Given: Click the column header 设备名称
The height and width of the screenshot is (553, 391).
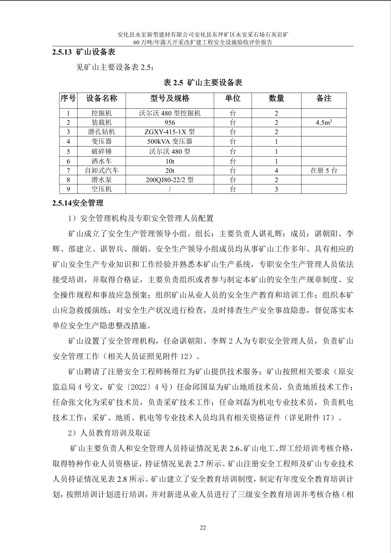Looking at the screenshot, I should (x=101, y=98).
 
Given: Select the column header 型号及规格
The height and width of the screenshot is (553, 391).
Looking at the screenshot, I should (x=170, y=98).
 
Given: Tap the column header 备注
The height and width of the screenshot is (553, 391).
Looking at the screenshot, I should (x=324, y=98).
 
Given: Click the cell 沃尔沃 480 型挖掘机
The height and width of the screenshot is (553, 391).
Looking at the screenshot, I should (x=170, y=113).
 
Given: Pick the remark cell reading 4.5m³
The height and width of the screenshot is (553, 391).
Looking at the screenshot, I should (x=324, y=122).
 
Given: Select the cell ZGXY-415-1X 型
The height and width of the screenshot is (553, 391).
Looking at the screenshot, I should (x=170, y=132).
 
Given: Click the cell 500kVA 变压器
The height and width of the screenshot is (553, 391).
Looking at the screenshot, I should (x=170, y=141).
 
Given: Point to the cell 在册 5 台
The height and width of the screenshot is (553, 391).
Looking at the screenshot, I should (x=324, y=171).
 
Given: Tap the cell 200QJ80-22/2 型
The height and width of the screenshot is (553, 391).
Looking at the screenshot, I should (x=170, y=180).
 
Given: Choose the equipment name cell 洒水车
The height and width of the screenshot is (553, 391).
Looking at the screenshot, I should (x=101, y=161).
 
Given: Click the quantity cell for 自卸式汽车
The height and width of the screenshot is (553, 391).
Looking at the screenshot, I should (x=276, y=171).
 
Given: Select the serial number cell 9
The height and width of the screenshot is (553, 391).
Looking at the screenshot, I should (x=68, y=189).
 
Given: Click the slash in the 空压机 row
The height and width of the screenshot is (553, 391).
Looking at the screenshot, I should (x=170, y=189).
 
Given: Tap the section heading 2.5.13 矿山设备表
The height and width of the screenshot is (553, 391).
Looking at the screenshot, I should (x=84, y=52).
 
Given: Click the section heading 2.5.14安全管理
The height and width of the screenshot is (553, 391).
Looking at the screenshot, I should (x=78, y=203).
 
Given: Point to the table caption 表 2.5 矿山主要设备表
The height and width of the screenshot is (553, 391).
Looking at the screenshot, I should (x=203, y=83).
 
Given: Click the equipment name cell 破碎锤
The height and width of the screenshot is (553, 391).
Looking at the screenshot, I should (x=101, y=151).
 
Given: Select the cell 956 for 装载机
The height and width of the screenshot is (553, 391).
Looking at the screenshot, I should (x=170, y=122).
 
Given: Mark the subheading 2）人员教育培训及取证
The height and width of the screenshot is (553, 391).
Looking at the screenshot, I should (x=109, y=433).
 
